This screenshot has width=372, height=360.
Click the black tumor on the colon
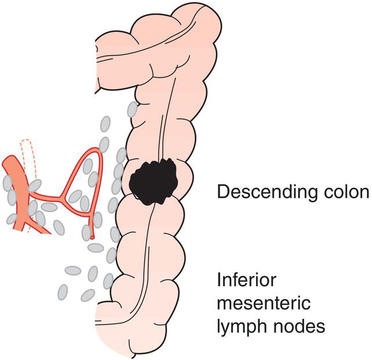(152, 180)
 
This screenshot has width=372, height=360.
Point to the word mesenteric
(258, 303)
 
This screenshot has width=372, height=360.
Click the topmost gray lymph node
(132, 108)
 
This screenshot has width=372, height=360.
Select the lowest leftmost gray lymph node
(63, 292)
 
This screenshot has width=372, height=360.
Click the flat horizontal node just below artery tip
(96, 248)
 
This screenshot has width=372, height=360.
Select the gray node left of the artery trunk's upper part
(8, 183)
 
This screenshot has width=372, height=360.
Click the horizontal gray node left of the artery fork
(49, 207)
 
